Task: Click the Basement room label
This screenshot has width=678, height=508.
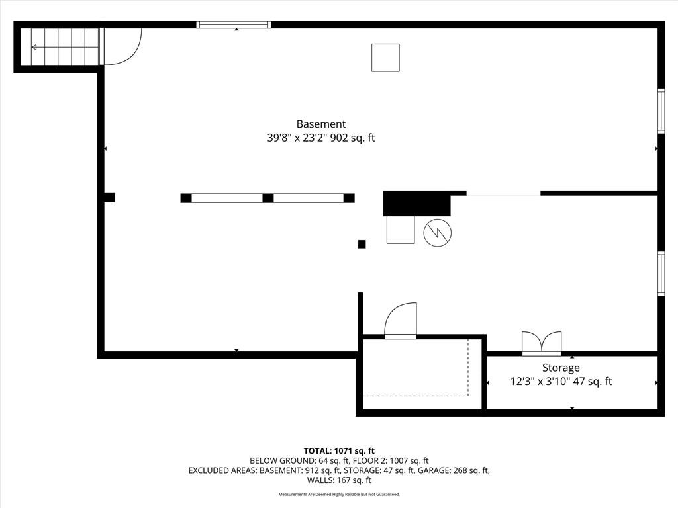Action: point(321,124)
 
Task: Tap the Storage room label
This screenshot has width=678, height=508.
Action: point(561,368)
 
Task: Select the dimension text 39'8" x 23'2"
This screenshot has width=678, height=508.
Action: point(297,138)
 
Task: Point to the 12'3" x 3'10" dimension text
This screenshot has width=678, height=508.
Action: point(540,382)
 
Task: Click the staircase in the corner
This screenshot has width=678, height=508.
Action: point(60,47)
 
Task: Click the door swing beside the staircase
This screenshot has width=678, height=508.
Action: point(122,47)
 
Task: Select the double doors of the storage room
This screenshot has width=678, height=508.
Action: point(542,343)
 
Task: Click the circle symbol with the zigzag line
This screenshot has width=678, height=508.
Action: point(438,233)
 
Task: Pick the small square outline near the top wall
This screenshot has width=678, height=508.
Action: point(385,58)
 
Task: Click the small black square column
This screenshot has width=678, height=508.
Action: point(362,245)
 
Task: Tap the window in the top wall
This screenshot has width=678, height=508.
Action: point(234,24)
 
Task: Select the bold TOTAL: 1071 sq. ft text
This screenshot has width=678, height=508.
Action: point(339,451)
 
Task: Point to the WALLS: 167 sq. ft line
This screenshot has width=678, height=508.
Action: point(339,480)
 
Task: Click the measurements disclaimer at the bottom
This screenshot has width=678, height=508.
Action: point(339,494)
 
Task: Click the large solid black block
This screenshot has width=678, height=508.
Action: point(417,203)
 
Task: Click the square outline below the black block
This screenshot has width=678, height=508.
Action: point(401,230)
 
